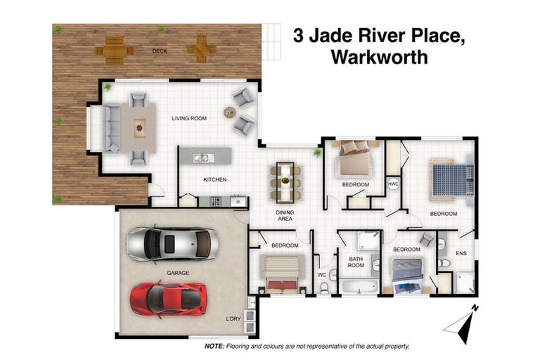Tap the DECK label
pyautogui.click(x=160, y=51)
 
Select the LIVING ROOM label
pyautogui.click(x=189, y=118)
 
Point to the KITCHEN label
pyautogui.click(x=215, y=179)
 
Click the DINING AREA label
pyautogui.click(x=283, y=214)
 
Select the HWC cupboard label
pyautogui.click(x=393, y=184)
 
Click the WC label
pyautogui.click(x=323, y=275)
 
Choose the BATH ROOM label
pyautogui.click(x=356, y=262)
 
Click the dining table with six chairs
pyautogui.click(x=284, y=181)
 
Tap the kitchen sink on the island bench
pyautogui.click(x=201, y=157)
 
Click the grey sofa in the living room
pyautogui.click(x=112, y=128)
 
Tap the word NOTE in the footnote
pyautogui.click(x=214, y=347)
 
